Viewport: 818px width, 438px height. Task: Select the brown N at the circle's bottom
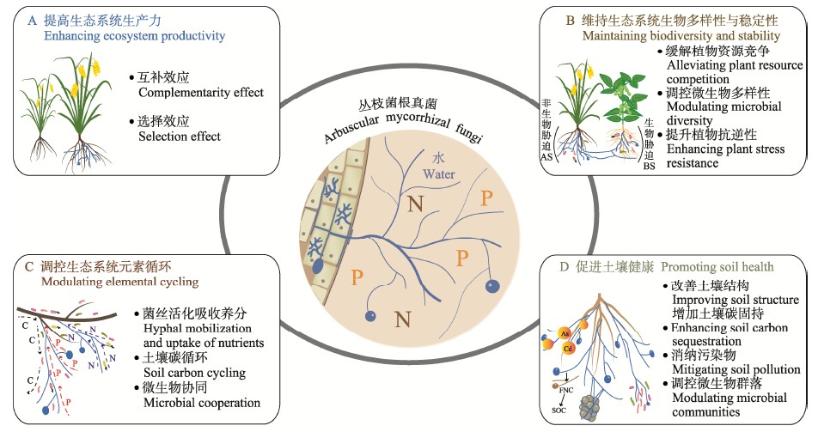coord(400,321)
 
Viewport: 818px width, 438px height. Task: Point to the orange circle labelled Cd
coord(568,350)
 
